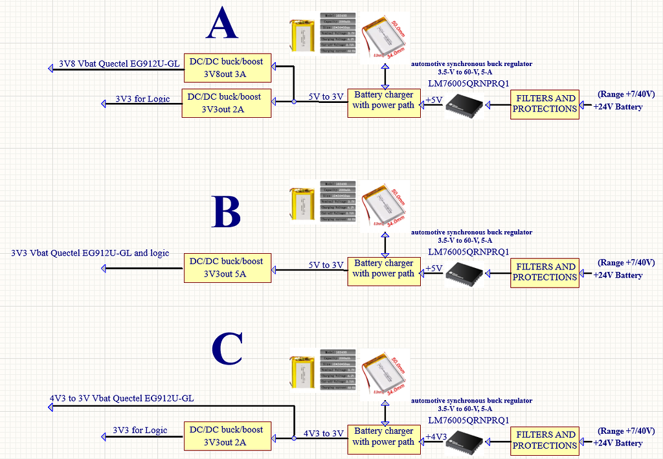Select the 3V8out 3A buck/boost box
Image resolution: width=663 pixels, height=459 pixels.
(227, 67)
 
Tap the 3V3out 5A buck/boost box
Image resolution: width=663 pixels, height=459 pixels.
(227, 267)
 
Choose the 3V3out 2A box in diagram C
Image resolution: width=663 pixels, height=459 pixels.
(227, 436)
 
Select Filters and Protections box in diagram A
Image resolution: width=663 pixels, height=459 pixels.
(545, 104)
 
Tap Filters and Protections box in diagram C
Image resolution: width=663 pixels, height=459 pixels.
(545, 440)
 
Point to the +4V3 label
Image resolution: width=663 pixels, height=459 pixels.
(436, 437)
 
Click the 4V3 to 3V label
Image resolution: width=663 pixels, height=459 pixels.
(324, 433)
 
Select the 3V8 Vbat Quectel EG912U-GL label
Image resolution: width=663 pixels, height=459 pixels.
(119, 63)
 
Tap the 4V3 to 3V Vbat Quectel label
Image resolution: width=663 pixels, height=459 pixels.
(122, 398)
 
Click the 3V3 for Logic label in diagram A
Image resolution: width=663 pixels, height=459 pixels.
(142, 98)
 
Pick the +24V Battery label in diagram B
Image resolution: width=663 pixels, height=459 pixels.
(618, 275)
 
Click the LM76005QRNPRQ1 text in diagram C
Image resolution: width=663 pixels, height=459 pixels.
(469, 419)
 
